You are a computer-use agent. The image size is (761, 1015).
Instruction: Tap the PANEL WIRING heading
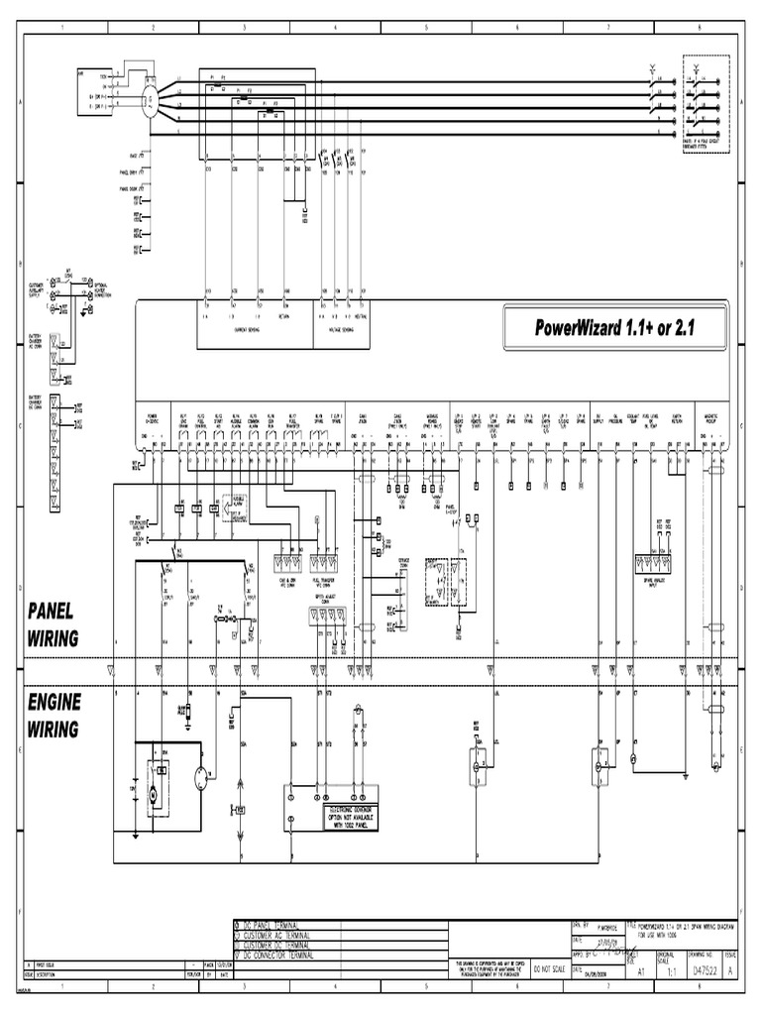54,623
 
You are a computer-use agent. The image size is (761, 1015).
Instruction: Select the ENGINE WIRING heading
55,715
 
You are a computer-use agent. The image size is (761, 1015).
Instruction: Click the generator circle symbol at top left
148,97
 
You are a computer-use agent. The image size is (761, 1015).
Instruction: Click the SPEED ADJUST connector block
326,616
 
